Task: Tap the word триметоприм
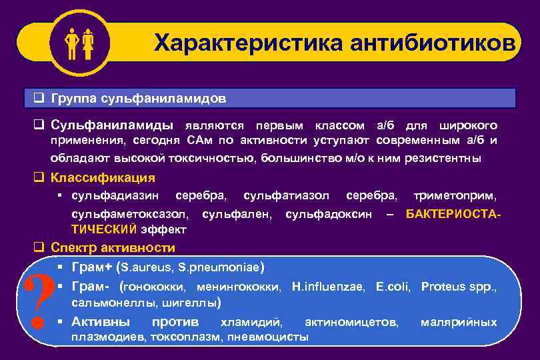pyautogui.click(x=455, y=196)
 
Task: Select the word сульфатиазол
pyautogui.click(x=286, y=196)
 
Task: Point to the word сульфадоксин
pyautogui.click(x=329, y=214)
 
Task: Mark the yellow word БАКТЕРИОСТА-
pyautogui.click(x=453, y=214)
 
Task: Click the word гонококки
pyautogui.click(x=155, y=287)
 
